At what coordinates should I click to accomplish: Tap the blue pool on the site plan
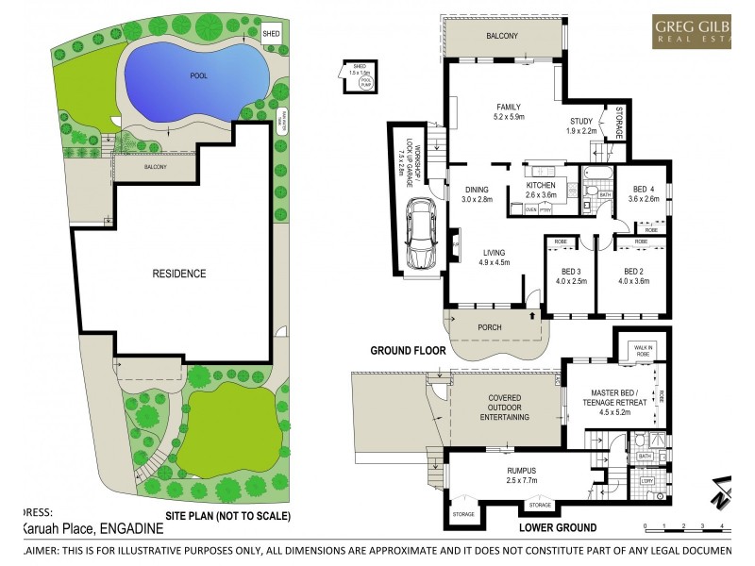pos(194,76)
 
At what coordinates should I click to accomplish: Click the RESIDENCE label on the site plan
pos(179,274)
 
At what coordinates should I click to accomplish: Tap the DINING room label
pos(478,190)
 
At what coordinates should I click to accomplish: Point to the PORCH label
pos(490,327)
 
